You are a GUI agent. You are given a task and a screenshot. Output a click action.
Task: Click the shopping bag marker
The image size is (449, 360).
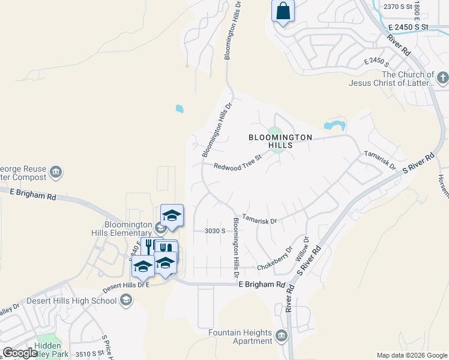[x=283, y=11]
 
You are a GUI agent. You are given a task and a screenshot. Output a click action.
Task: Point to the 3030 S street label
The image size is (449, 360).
[x=214, y=230]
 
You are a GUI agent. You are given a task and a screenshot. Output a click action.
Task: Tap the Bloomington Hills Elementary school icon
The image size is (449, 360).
[x=160, y=228]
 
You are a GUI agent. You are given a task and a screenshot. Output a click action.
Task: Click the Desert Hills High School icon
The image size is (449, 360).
[x=125, y=301]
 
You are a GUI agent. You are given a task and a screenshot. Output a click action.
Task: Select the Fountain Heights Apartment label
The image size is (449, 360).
[x=240, y=337]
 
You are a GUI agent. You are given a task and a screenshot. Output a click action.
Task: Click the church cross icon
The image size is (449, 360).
[x=442, y=78]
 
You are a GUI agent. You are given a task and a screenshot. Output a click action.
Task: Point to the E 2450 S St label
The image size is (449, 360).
[x=408, y=27]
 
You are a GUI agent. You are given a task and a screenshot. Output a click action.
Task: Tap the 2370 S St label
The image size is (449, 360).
[x=399, y=7]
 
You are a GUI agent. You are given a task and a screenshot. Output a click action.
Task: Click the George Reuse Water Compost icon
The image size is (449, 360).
[x=56, y=173]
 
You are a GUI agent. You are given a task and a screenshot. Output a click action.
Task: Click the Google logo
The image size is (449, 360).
[x=19, y=353]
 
